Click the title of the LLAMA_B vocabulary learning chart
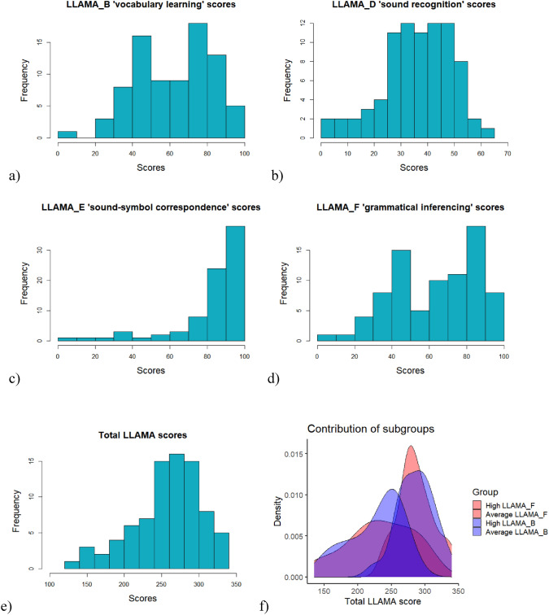coord(150,7)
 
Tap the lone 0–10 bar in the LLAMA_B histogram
coord(67,134)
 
